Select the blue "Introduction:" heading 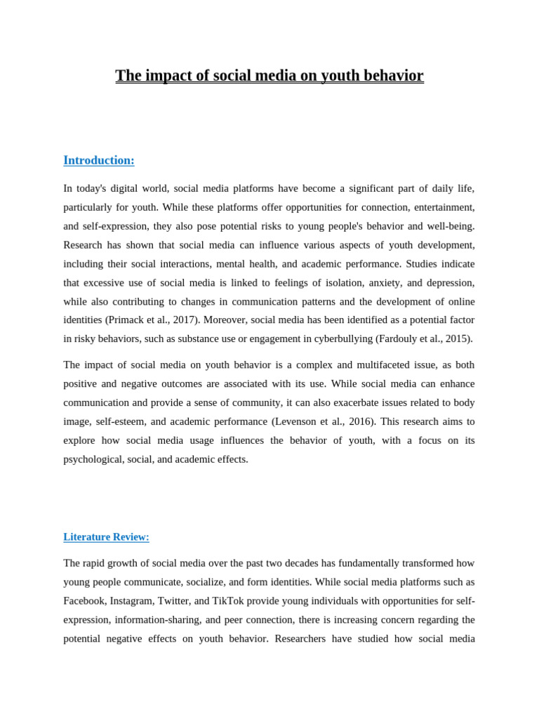click(x=99, y=160)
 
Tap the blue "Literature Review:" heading click(x=106, y=537)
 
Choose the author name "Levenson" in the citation click(x=295, y=422)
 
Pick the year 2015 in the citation click(x=458, y=339)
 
